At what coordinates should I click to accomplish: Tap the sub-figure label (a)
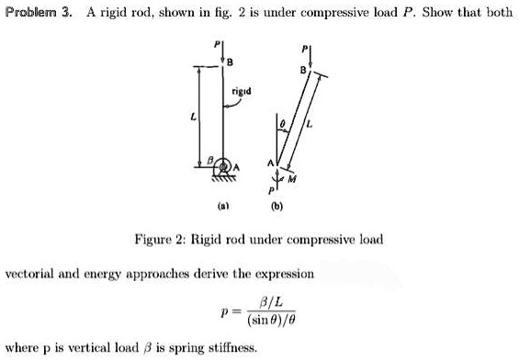click(x=218, y=208)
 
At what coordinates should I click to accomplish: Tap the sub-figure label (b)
click(x=277, y=208)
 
